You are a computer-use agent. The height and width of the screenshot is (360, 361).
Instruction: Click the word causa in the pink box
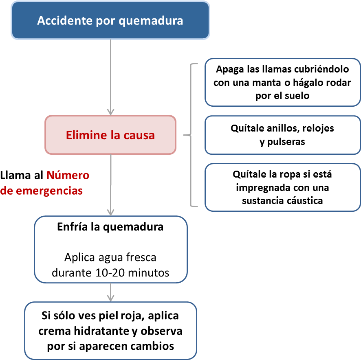[x=141, y=135]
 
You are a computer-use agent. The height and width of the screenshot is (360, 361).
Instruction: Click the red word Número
[x=68, y=176]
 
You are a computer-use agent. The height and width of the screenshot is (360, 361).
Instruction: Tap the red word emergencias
[x=49, y=191]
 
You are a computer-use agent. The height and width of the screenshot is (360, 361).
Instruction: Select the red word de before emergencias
[x=7, y=191]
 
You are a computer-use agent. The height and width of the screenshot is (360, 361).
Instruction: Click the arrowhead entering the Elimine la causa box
[x=110, y=112]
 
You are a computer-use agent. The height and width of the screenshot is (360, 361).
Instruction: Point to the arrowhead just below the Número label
[x=110, y=212]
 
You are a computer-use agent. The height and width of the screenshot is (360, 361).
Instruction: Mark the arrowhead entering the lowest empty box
[x=110, y=298]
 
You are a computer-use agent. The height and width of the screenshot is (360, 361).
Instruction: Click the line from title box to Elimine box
[x=110, y=73]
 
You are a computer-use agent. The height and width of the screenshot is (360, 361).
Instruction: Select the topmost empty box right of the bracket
[x=282, y=82]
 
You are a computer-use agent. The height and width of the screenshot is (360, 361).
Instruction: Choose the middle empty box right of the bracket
[x=282, y=135]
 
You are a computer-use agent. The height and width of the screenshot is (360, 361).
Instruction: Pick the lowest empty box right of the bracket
[x=282, y=187]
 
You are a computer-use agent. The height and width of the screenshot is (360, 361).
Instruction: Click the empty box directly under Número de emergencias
[x=110, y=249]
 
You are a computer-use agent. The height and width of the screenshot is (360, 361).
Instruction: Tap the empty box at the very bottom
[x=110, y=330]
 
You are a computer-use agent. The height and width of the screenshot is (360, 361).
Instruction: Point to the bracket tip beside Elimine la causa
[x=185, y=135]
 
